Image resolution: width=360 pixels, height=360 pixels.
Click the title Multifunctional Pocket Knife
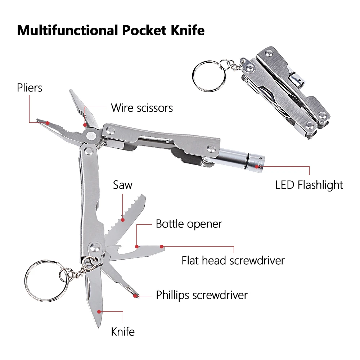pyautogui.click(x=111, y=30)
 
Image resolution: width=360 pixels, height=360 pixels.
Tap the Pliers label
pyautogui.click(x=30, y=87)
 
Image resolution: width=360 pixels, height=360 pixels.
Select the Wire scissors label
pyautogui.click(x=141, y=108)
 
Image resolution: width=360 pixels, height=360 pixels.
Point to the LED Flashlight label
pyautogui.click(x=309, y=185)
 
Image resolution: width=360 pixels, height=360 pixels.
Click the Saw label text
pyautogui.click(x=123, y=185)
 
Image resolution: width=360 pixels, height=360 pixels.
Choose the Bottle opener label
pyautogui.click(x=189, y=224)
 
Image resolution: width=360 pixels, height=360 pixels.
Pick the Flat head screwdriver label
pyautogui.click(x=233, y=260)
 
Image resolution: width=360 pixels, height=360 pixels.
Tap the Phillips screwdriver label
pyautogui.click(x=202, y=295)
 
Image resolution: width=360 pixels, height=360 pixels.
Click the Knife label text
pyautogui.click(x=123, y=331)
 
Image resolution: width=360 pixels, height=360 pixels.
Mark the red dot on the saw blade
pyautogui.click(x=123, y=219)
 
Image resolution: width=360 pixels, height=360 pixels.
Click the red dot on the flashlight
pyautogui.click(x=257, y=167)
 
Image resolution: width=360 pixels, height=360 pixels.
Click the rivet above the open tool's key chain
pyautogui.click(x=95, y=247)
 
